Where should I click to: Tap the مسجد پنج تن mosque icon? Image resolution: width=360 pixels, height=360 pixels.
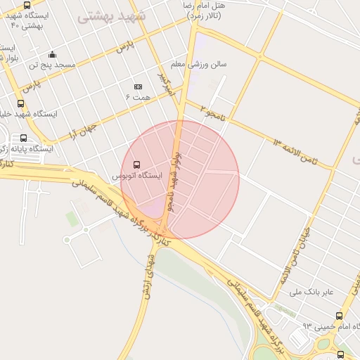(52, 55)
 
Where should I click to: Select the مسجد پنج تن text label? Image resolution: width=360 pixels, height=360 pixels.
(52, 65)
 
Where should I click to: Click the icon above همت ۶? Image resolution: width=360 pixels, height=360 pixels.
(137, 86)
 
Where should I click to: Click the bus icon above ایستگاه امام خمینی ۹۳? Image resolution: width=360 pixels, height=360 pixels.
(340, 316)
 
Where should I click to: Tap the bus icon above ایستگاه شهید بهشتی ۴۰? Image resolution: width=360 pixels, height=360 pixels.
(27, 5)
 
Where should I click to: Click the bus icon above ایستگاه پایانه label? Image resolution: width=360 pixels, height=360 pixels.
(24, 138)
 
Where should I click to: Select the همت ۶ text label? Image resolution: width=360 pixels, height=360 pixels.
(138, 96)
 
